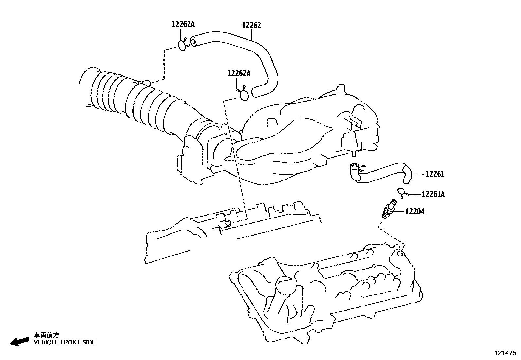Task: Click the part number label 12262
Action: pos(251,25)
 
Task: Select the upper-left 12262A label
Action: pos(183,24)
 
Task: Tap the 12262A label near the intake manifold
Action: pos(239,73)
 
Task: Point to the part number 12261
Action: pos(435,174)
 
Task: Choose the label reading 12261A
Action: pos(433,194)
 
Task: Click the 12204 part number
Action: pos(415,211)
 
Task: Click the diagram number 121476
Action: pos(505,353)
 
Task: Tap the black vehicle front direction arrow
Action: pos(20,341)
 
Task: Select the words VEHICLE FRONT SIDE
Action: pos(65,342)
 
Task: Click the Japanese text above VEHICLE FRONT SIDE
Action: pos(46,335)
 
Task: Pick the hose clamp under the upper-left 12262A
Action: pos(183,45)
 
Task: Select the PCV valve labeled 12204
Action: pos(389,209)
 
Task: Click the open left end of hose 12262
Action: pos(193,42)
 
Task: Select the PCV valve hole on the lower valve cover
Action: pos(399,253)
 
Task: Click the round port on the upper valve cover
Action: pos(228,223)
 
